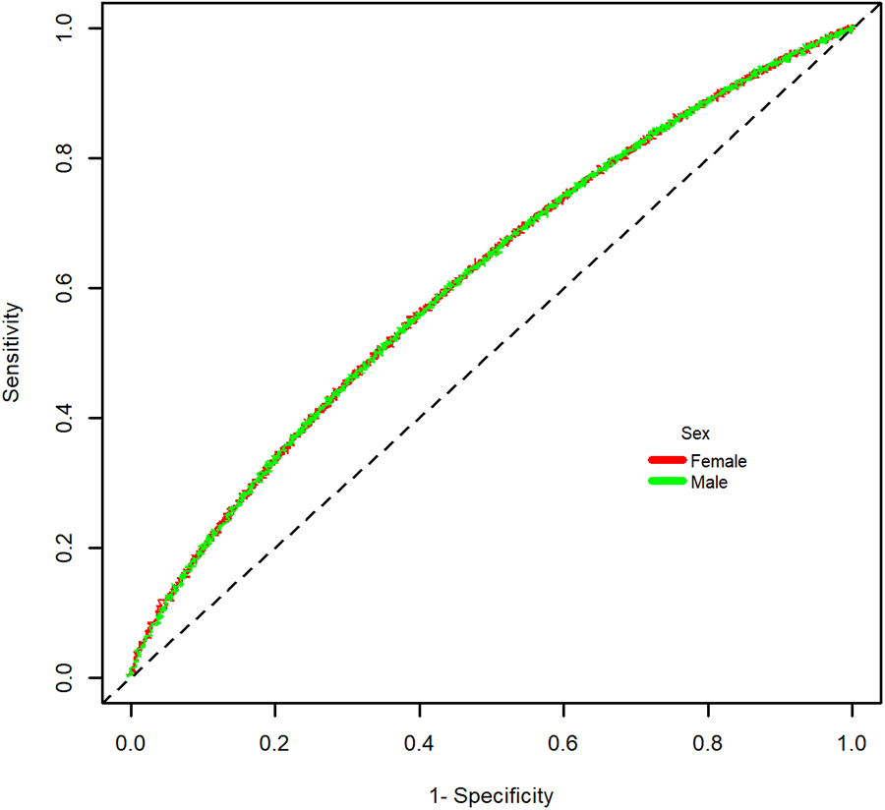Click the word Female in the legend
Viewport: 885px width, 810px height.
[x=719, y=461]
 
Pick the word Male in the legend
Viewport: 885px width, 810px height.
[x=709, y=483]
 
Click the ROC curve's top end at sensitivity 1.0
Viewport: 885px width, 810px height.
[x=852, y=29]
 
